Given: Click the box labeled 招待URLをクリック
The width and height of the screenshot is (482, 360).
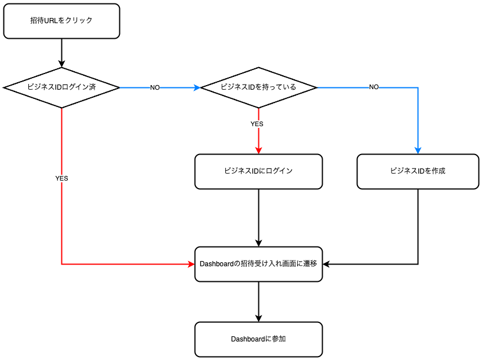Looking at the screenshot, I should tap(61, 21).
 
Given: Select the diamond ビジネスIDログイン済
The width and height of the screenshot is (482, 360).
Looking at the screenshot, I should tap(61, 87).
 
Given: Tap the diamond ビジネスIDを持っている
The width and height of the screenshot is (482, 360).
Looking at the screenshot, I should tap(258, 87).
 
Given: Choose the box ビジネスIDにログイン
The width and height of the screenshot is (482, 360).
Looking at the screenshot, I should tap(258, 171).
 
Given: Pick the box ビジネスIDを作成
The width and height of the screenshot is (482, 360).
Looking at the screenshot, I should tap(418, 171).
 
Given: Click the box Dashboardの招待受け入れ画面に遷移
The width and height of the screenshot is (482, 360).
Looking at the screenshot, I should tap(258, 264).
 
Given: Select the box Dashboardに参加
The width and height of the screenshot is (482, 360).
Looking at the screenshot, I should tap(258, 339).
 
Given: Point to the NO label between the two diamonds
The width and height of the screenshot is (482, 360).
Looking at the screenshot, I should tap(155, 87).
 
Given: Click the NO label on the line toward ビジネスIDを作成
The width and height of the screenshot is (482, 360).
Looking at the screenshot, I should tap(374, 87).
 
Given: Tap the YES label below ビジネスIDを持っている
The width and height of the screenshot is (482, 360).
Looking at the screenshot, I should tap(257, 124).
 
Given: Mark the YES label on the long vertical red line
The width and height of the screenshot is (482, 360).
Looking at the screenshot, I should tap(61, 179).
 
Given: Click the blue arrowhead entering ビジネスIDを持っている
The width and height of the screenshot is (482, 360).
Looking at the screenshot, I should tap(198, 87).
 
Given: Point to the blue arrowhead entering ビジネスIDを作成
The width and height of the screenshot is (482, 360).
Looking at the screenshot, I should tap(418, 150).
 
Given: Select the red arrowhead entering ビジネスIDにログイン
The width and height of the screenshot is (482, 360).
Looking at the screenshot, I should tap(258, 150).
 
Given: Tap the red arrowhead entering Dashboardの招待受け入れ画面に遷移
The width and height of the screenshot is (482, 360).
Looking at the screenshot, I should tap(191, 264).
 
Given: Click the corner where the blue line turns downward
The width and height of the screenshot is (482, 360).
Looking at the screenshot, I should tap(418, 87).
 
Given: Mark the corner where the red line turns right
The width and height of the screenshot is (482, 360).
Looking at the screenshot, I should tap(61, 264).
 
